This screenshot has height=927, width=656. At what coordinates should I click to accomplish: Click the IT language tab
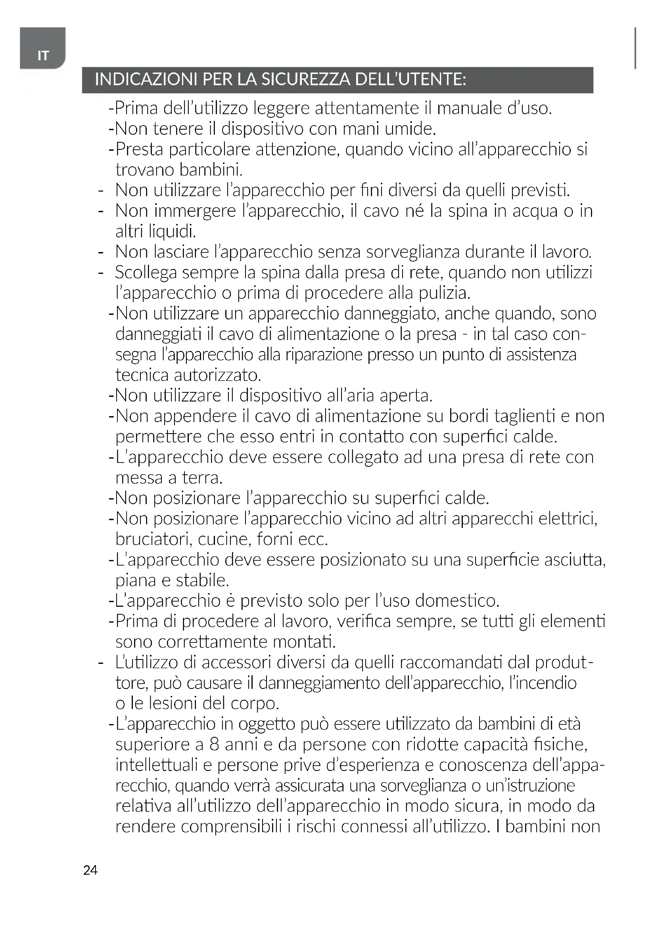tap(43, 55)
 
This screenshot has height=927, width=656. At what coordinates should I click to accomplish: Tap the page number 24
tap(90, 870)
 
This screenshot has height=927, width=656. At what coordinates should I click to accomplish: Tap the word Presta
tap(139, 149)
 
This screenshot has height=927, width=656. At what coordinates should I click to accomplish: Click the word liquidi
tap(172, 232)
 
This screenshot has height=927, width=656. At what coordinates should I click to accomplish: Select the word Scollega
tap(146, 273)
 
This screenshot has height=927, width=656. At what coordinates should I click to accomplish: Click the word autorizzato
tap(217, 375)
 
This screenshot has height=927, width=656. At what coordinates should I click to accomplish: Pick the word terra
tap(202, 478)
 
